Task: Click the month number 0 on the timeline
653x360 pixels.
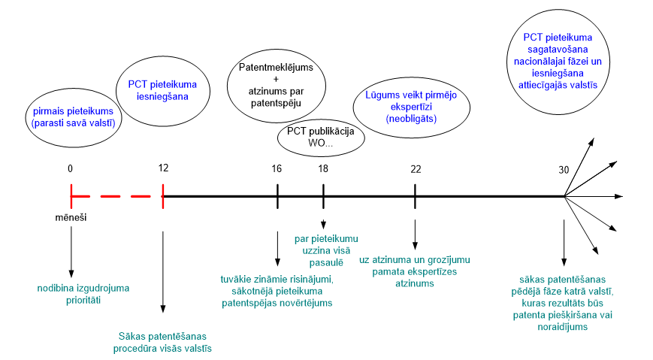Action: [70, 168]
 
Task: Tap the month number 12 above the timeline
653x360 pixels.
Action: [163, 168]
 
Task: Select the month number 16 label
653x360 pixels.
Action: [277, 169]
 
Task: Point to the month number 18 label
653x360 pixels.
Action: [323, 169]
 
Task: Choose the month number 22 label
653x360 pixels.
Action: [416, 169]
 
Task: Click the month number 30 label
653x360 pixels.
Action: [564, 170]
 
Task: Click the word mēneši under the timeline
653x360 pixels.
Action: [71, 217]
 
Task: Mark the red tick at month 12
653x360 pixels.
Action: [163, 196]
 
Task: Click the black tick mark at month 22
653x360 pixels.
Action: [416, 196]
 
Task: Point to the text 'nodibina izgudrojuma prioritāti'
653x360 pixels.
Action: [83, 294]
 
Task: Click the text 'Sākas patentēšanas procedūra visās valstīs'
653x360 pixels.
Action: [162, 342]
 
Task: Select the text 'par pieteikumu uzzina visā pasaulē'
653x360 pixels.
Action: [326, 251]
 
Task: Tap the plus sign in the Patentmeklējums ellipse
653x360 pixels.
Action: [276, 79]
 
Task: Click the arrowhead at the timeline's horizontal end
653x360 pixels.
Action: [619, 196]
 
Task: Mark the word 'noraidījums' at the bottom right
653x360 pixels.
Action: [563, 327]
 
